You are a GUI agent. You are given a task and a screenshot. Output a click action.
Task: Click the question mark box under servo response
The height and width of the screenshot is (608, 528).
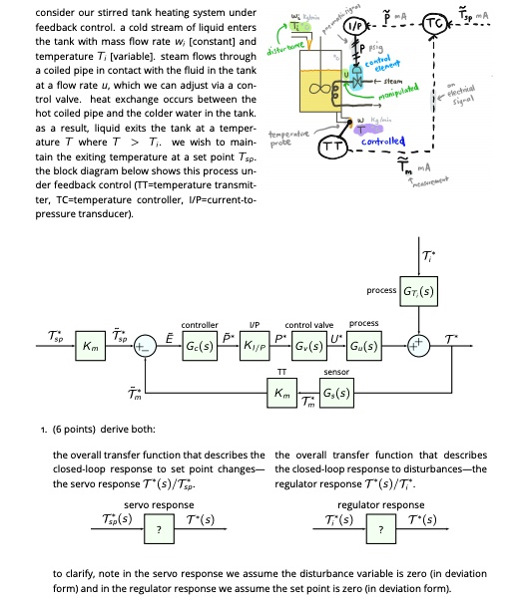[153, 529]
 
